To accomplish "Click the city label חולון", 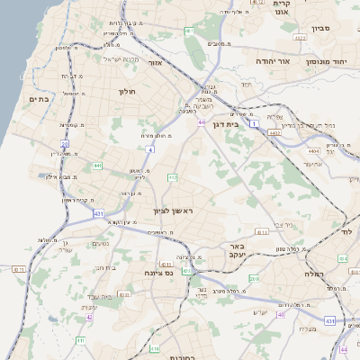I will coord(125,91).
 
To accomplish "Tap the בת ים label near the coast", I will coord(39,100).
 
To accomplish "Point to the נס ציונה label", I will coord(158,271).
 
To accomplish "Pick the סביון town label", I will coord(321,28).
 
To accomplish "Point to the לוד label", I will coord(347,230).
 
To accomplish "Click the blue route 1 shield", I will coord(255,121).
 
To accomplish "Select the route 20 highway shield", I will coord(65,143).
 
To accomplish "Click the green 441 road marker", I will coord(96,166).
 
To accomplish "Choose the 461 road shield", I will coord(189,31).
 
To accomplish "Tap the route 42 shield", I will coord(88,317).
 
